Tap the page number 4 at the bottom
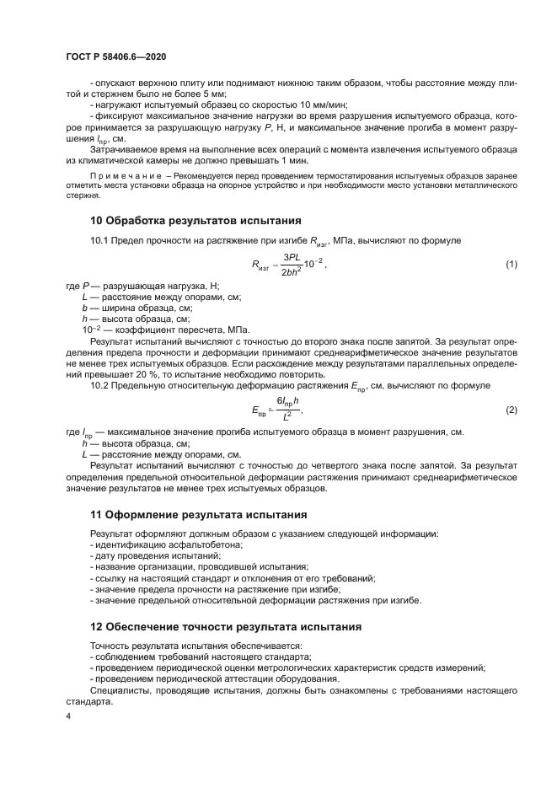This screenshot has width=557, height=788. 68,716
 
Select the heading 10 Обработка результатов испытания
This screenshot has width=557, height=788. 195,221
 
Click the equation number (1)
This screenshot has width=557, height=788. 510,265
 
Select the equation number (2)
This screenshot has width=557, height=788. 510,410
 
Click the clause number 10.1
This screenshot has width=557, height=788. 100,241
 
